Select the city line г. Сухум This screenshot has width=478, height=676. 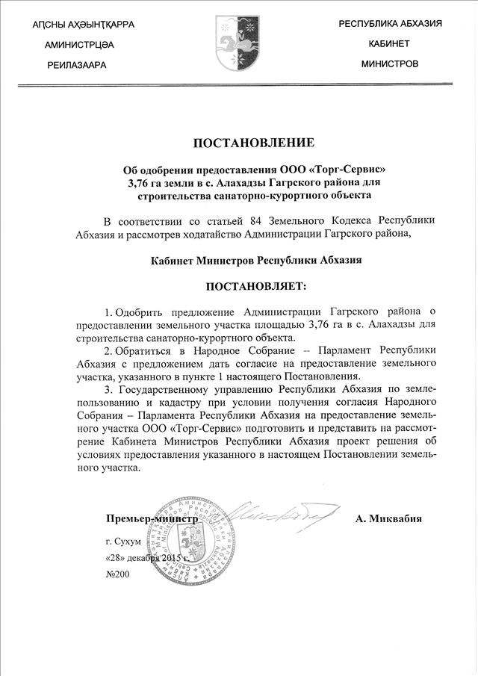(x=123, y=541)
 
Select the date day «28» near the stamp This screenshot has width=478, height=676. (x=116, y=559)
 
